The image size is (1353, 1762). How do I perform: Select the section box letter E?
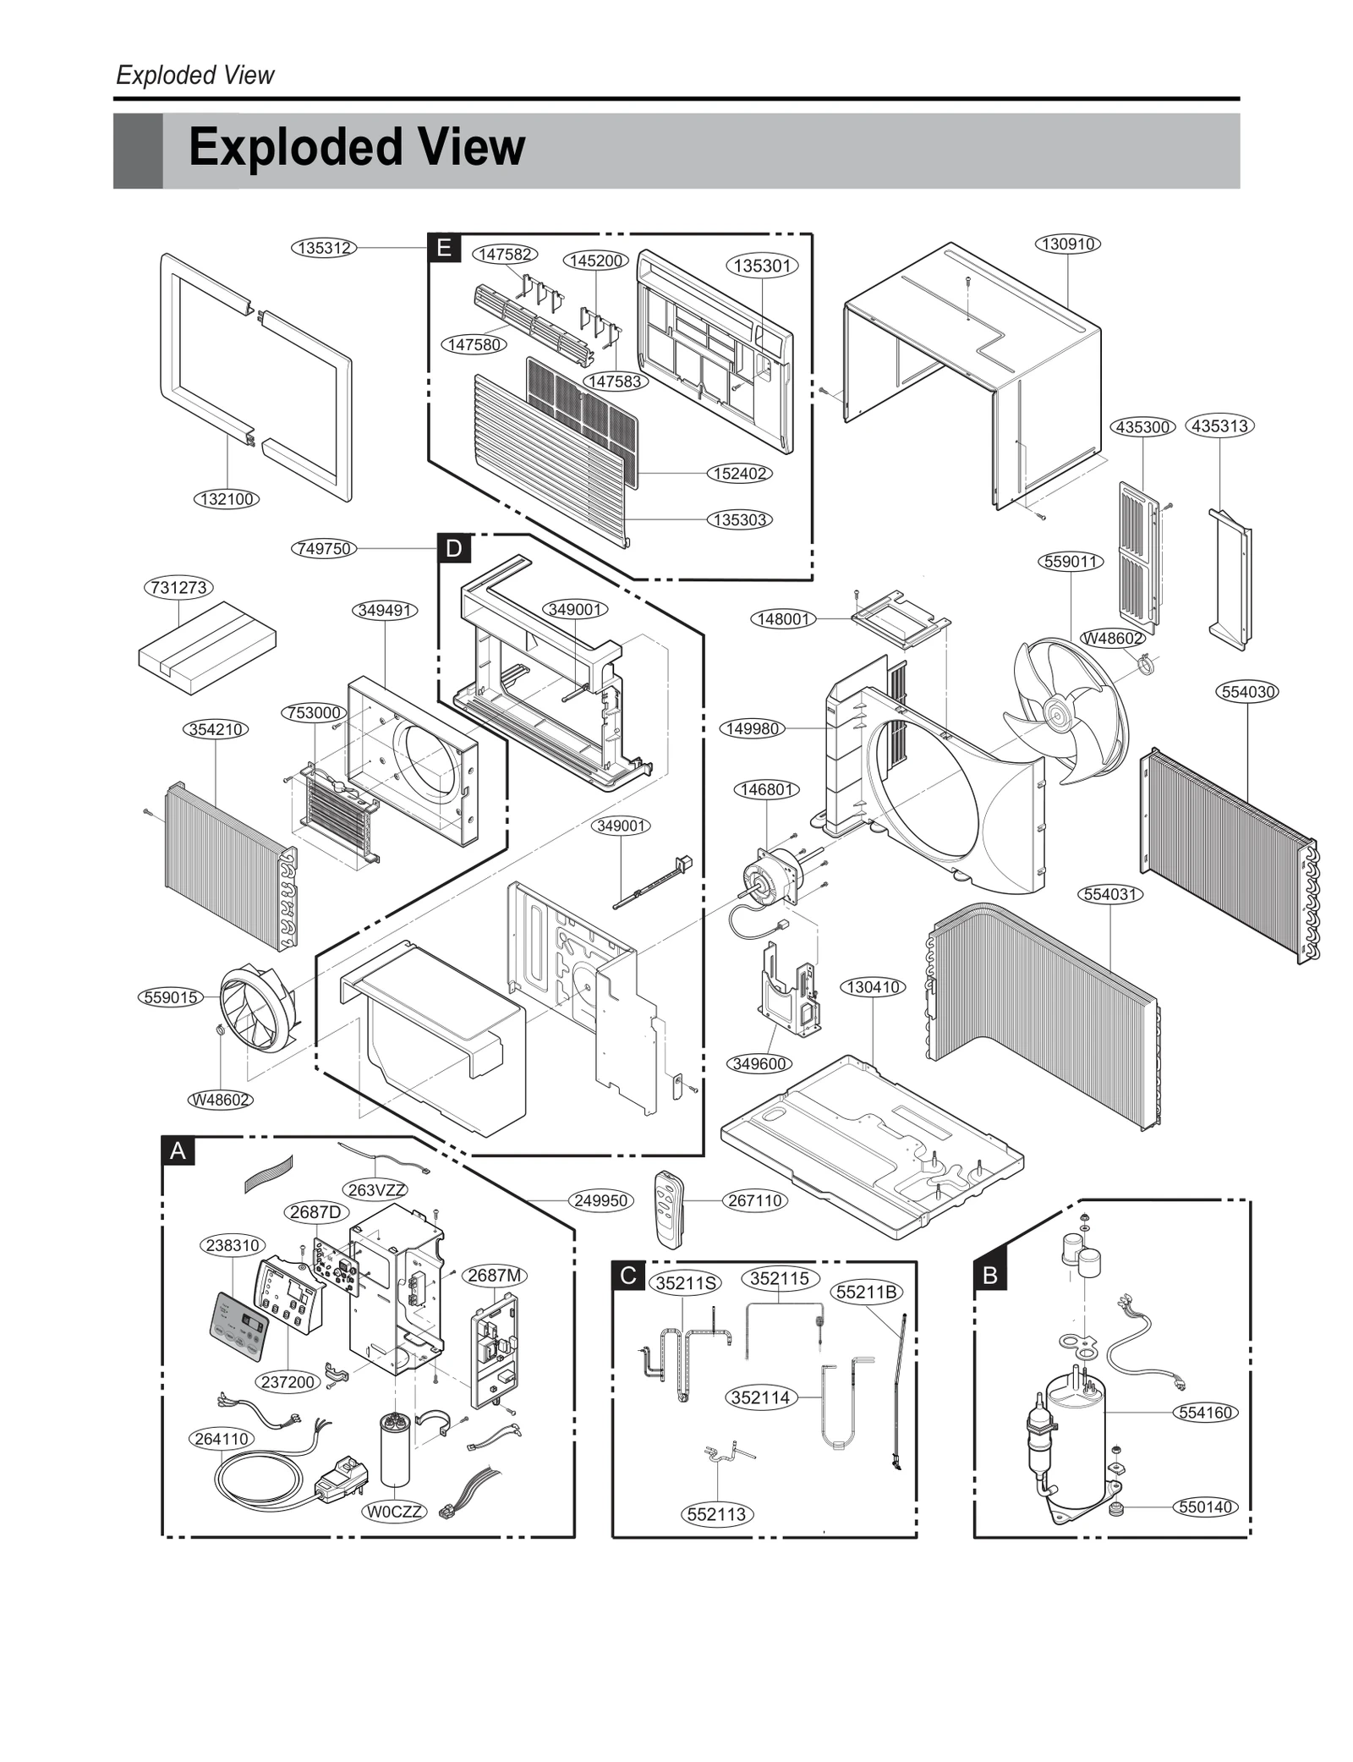tap(443, 248)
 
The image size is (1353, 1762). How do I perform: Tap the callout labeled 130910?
tap(1068, 244)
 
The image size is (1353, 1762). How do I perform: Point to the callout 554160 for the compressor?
tap(1206, 1412)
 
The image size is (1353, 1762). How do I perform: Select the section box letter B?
tap(990, 1275)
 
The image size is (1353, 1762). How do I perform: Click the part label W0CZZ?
tap(395, 1511)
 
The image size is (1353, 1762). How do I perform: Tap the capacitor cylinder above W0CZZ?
tap(395, 1449)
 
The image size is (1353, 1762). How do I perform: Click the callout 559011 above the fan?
tap(1070, 561)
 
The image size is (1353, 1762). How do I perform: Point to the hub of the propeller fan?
tap(1055, 712)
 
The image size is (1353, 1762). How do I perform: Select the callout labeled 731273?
tap(179, 587)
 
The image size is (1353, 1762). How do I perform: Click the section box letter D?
tap(454, 548)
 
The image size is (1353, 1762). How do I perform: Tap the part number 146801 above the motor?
tap(766, 789)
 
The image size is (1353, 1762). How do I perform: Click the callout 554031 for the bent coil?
tap(1110, 894)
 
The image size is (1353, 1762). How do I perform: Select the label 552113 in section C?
tap(716, 1514)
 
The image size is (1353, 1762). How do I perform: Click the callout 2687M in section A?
tap(495, 1275)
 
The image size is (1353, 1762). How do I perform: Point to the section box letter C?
tap(628, 1275)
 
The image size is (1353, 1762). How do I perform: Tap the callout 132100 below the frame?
tap(227, 499)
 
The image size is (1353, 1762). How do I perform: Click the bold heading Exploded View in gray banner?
tap(356, 147)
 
